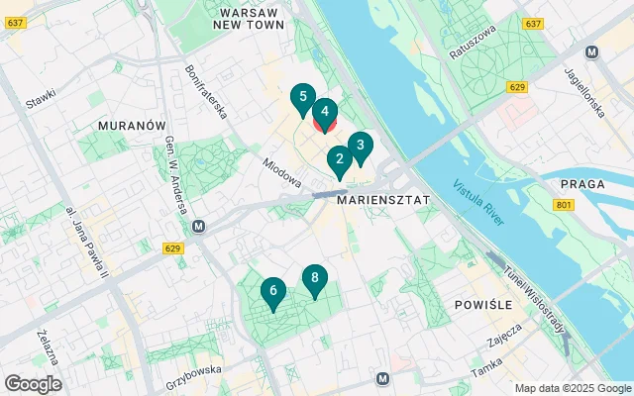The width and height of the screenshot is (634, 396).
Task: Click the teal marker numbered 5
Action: click(303, 98)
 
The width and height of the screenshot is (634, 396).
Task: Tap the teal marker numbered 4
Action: click(325, 113)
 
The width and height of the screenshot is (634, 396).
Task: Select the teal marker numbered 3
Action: click(361, 147)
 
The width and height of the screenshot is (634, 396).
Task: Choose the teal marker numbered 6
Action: click(271, 292)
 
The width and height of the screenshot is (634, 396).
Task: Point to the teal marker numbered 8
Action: click(314, 279)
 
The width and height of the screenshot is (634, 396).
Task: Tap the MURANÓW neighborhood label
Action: click(131, 127)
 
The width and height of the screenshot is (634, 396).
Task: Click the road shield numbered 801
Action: click(565, 205)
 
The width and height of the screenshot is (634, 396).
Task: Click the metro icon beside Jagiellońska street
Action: click(591, 52)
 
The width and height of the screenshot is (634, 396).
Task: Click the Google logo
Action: click(33, 383)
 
